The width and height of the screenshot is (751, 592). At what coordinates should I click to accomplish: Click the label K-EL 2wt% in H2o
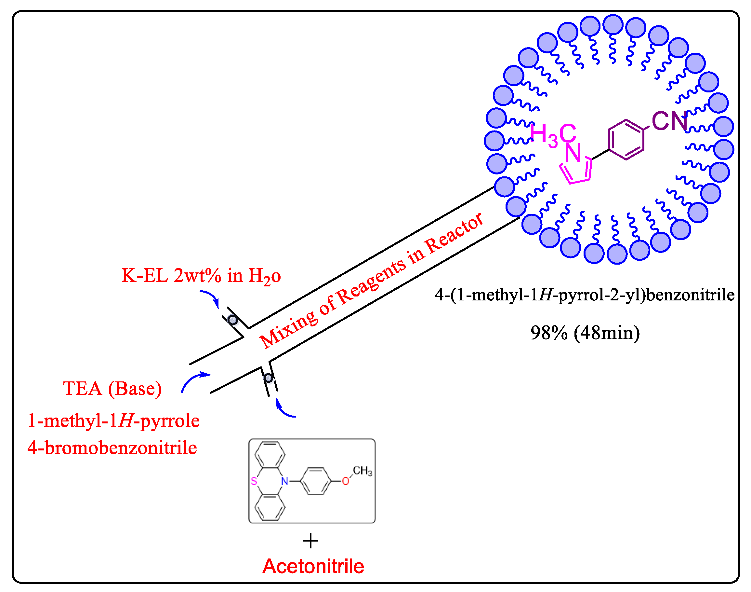click(x=201, y=276)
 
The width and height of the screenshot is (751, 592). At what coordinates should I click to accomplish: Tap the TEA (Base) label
click(x=112, y=389)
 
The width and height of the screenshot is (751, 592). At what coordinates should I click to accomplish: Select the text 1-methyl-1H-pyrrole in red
click(x=113, y=421)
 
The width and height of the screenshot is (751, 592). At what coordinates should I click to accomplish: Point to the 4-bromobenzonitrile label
click(x=112, y=448)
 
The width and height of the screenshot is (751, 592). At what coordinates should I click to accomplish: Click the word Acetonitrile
click(x=313, y=567)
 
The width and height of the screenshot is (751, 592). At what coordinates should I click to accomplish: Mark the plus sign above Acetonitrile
click(x=310, y=541)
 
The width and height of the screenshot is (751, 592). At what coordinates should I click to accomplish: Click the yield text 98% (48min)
click(x=585, y=333)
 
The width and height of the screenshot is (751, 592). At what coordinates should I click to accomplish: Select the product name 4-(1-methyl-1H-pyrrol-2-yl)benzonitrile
click(x=585, y=295)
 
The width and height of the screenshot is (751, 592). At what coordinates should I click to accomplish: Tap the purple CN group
click(x=669, y=121)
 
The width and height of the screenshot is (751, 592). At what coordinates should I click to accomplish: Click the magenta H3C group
click(x=553, y=134)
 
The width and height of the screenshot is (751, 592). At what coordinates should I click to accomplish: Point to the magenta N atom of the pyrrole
click(x=573, y=153)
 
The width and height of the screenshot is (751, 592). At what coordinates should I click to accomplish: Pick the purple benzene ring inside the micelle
click(x=626, y=140)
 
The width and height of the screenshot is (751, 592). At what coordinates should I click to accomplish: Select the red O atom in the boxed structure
click(x=345, y=481)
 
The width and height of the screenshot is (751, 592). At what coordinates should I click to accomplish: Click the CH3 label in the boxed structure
click(x=362, y=471)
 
